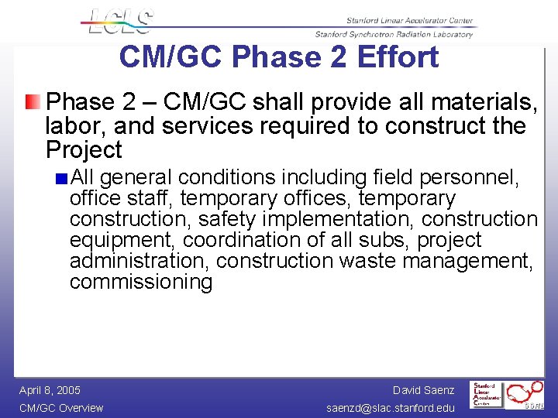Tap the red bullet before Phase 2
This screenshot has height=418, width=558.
[x=29, y=101]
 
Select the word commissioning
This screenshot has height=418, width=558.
[x=141, y=282]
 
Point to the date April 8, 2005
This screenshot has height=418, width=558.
[x=50, y=390]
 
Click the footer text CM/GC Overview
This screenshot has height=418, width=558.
[x=61, y=408]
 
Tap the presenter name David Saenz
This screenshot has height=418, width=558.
[x=423, y=390]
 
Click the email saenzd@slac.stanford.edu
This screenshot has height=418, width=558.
[x=391, y=408]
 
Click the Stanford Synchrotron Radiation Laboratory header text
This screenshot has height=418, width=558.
[x=394, y=34]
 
